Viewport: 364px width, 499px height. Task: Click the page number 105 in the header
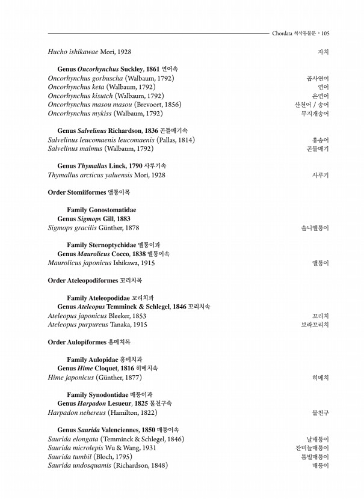point(325,34)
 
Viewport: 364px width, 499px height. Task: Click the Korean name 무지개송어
point(315,114)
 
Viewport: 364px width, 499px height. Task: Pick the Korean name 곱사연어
point(318,79)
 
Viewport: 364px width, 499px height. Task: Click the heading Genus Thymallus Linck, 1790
point(111,166)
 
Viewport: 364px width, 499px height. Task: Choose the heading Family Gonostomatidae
point(101,210)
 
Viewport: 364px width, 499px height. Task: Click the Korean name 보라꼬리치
point(315,325)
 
